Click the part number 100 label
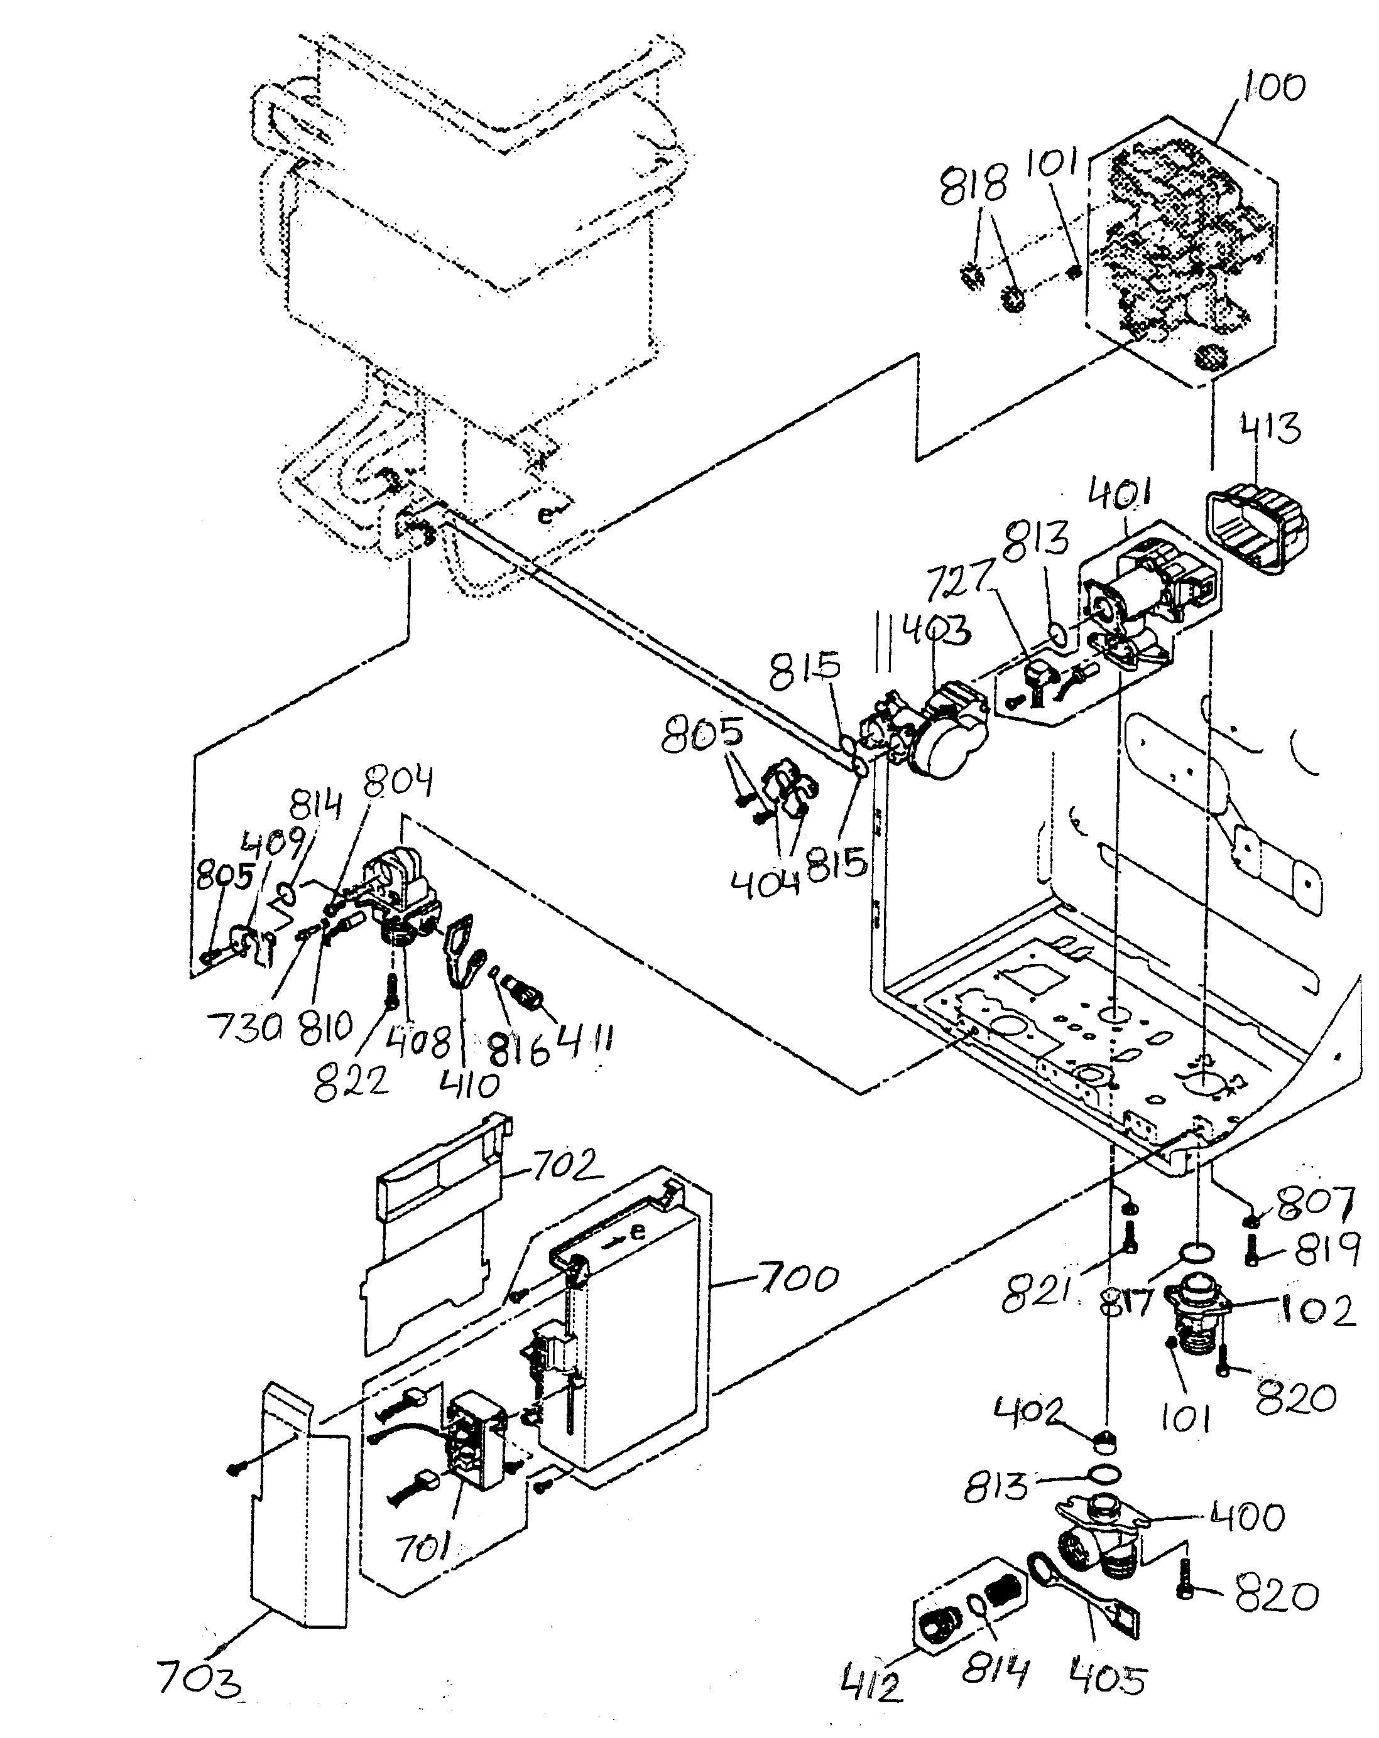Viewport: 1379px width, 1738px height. click(1273, 87)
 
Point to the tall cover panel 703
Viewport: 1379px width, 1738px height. click(298, 1516)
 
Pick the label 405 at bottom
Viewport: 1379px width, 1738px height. click(1106, 1678)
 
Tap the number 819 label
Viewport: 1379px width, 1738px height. click(1327, 1249)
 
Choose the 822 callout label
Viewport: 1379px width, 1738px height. click(350, 1081)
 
